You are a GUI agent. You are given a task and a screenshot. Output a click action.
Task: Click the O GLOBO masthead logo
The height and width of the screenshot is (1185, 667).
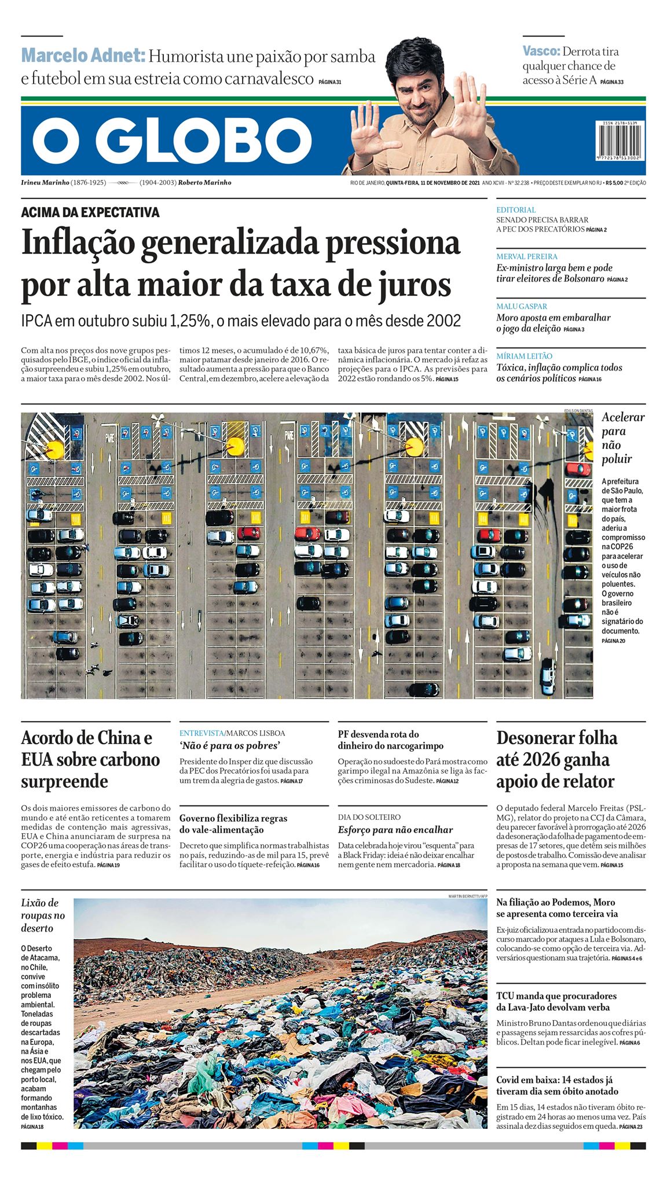172,141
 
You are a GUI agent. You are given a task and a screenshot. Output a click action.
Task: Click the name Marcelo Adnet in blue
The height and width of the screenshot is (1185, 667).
83,56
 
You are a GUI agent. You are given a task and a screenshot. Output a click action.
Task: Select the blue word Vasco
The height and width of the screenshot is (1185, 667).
541,51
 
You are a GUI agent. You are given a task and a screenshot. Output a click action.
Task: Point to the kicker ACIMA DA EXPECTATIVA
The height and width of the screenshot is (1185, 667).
90,212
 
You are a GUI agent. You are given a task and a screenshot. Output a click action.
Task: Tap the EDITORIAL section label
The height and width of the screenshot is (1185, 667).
516,209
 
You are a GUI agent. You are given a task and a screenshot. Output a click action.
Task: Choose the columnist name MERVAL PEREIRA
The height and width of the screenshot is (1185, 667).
526,256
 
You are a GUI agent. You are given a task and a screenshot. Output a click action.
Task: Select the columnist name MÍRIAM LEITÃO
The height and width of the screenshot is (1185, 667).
524,356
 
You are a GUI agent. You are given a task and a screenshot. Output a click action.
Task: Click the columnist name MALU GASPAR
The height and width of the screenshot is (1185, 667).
521,306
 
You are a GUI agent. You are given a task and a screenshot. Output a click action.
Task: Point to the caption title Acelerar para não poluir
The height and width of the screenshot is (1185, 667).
622,438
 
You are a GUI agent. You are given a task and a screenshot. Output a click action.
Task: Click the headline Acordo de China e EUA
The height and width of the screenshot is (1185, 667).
90,759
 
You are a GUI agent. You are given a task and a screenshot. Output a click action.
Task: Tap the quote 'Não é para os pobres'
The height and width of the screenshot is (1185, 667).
229,746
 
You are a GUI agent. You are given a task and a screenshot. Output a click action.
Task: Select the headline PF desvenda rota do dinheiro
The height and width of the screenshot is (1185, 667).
391,740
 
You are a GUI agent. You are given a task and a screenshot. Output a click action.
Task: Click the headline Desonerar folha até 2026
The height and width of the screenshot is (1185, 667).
556,759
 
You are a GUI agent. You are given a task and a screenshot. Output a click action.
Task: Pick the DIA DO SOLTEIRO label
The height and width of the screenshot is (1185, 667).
369,817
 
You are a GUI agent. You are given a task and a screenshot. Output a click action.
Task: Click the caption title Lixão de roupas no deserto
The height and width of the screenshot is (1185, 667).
43,915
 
